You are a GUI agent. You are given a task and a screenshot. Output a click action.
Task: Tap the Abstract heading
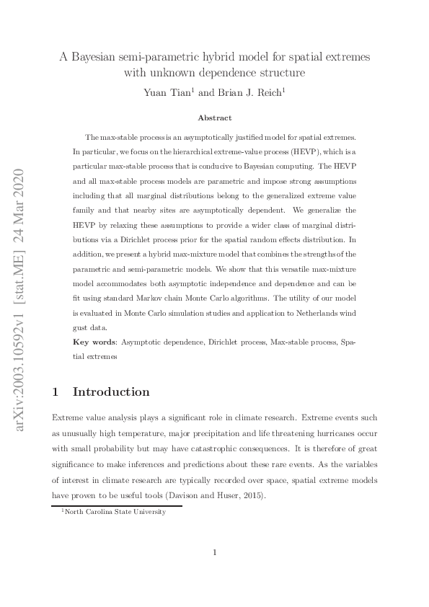(x=214, y=118)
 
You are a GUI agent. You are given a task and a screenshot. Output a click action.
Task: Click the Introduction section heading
(x=111, y=391)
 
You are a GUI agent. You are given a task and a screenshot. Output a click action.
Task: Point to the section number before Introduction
(x=56, y=391)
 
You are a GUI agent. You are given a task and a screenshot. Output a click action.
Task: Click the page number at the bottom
(x=214, y=553)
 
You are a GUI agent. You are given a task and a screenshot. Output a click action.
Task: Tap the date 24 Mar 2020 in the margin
(x=19, y=209)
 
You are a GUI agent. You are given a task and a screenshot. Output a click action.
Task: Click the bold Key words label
(x=97, y=341)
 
